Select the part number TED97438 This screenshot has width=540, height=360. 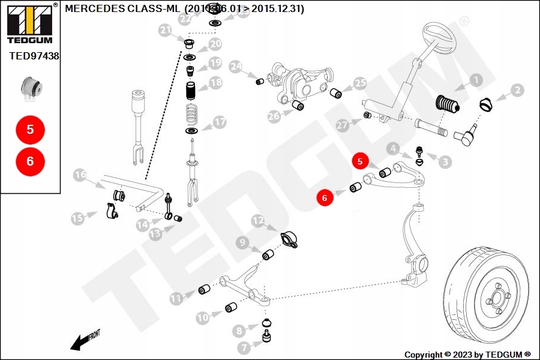point(34,56)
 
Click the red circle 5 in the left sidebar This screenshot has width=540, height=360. point(31,129)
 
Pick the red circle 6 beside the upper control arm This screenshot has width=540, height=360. point(325,197)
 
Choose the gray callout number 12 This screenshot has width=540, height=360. point(257,221)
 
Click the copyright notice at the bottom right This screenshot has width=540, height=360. point(467,354)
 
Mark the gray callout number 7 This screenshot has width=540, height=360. point(244,347)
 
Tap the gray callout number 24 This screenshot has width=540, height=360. point(235,66)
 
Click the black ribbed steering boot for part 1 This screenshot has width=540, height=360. point(447,107)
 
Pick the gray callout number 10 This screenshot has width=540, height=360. point(203,316)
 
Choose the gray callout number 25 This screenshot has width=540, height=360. point(359,83)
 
